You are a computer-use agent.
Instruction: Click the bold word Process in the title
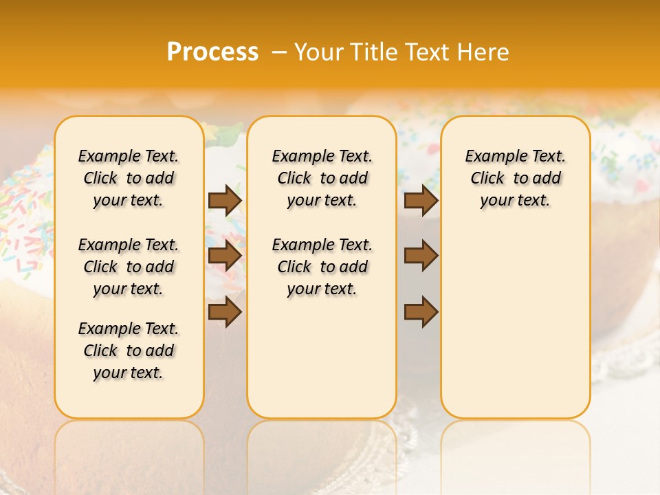tap(212, 52)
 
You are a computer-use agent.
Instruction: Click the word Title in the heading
tap(372, 52)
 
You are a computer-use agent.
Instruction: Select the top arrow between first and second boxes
tap(225, 201)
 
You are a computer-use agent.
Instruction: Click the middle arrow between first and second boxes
tap(225, 256)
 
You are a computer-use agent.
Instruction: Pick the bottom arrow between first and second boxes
tap(225, 311)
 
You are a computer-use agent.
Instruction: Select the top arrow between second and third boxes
tap(421, 201)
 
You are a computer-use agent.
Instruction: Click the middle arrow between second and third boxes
tap(421, 256)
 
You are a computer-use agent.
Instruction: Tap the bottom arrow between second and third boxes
tap(421, 311)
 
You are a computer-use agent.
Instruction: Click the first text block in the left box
tap(129, 178)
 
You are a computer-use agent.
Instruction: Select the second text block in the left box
tap(129, 267)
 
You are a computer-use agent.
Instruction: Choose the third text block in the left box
tap(129, 351)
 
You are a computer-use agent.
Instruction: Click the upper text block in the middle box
tap(322, 178)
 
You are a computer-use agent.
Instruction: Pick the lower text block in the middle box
tap(322, 267)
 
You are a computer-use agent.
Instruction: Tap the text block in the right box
tap(515, 178)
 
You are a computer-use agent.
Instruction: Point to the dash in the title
tap(278, 52)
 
